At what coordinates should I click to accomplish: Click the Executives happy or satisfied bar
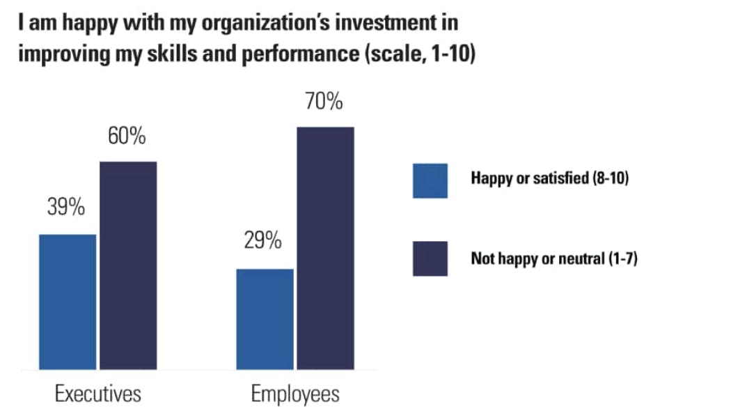[68, 302]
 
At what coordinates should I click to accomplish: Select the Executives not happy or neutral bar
[128, 265]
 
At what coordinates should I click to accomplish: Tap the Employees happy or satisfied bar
[265, 318]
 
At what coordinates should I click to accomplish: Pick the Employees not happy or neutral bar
[325, 248]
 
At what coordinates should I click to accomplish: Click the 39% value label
[66, 207]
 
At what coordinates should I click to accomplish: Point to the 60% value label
[127, 136]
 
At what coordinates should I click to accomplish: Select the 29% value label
[263, 242]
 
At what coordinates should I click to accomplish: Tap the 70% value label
[324, 102]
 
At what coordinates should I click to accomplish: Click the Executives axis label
[97, 394]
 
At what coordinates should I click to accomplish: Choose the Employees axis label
[295, 394]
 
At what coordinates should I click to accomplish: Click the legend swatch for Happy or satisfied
[430, 181]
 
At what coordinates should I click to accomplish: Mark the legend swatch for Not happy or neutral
[430, 259]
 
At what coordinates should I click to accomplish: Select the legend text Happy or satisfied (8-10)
[550, 178]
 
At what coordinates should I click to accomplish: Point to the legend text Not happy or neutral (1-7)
[554, 260]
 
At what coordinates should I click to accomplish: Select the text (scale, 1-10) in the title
[419, 54]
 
